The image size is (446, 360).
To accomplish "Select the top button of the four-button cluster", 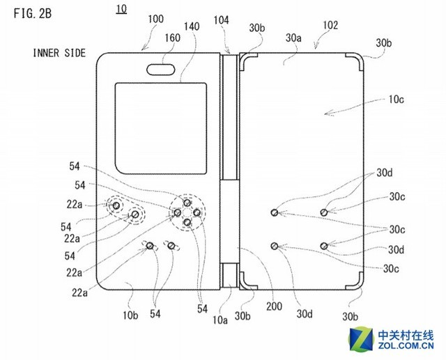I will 187,202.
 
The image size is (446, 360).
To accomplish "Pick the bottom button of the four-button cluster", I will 187,222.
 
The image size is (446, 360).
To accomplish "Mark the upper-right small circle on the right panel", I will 324,212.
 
